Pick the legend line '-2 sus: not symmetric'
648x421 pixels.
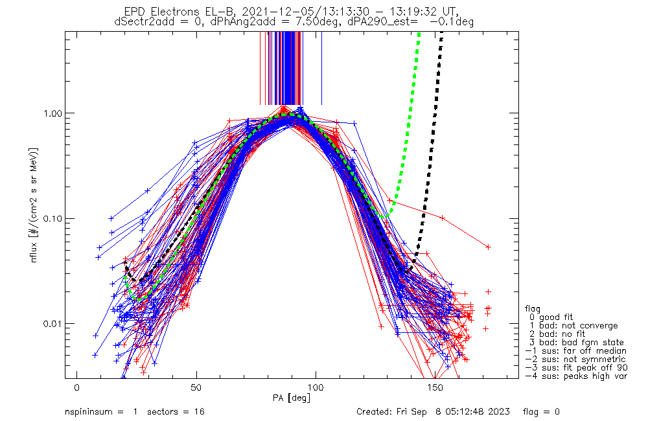tap(575, 359)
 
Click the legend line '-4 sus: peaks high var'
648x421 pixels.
tap(576, 376)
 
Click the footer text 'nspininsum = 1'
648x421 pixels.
tap(102, 411)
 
